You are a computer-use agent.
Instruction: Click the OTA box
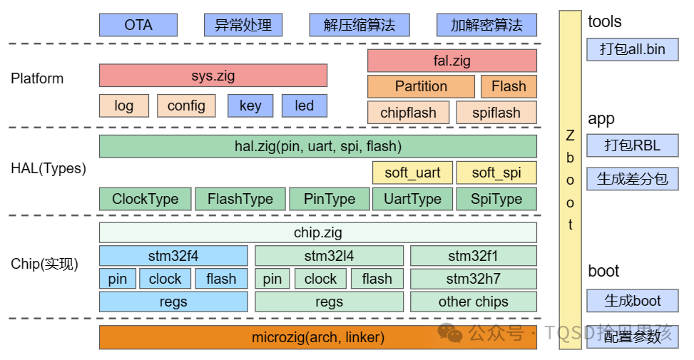(138, 25)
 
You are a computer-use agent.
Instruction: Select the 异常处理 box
(243, 25)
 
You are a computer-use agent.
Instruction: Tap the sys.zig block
(213, 76)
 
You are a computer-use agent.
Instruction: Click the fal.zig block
(451, 61)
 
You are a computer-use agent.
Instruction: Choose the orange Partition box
(421, 86)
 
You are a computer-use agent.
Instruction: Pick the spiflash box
(496, 113)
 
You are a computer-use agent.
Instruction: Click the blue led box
(304, 106)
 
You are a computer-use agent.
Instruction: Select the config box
(186, 106)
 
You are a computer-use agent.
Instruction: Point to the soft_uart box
(412, 173)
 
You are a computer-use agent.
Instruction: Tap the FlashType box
(240, 199)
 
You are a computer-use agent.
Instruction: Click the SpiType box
(496, 199)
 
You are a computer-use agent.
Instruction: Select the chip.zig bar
(317, 232)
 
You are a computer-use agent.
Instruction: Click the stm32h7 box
(473, 279)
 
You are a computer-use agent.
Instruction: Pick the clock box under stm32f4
(165, 279)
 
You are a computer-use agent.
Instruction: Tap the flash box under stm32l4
(376, 279)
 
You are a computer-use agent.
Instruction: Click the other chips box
(473, 302)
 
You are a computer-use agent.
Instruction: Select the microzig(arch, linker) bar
(317, 337)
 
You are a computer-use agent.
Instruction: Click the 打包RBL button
(632, 146)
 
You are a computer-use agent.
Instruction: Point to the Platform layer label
(37, 78)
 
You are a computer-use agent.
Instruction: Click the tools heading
(604, 21)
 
